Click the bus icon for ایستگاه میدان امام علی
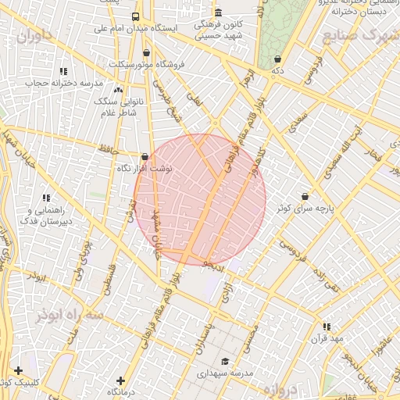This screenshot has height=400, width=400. point(136,16)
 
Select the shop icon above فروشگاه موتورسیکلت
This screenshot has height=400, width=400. point(146,53)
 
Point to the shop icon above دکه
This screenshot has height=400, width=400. point(278,59)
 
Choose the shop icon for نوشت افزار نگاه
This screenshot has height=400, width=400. point(145,157)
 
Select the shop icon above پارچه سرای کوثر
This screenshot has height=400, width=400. point(304,197)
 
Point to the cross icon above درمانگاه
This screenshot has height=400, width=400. point(120,380)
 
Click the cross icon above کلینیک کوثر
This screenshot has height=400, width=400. point(18,371)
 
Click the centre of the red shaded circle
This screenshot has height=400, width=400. point(200,199)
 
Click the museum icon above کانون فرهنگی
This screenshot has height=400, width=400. point(218,13)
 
